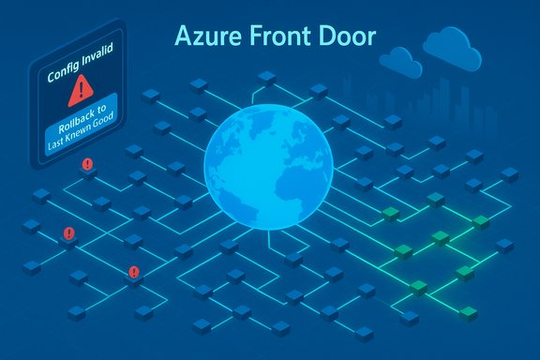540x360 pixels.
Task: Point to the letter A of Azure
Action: [x=182, y=37]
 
